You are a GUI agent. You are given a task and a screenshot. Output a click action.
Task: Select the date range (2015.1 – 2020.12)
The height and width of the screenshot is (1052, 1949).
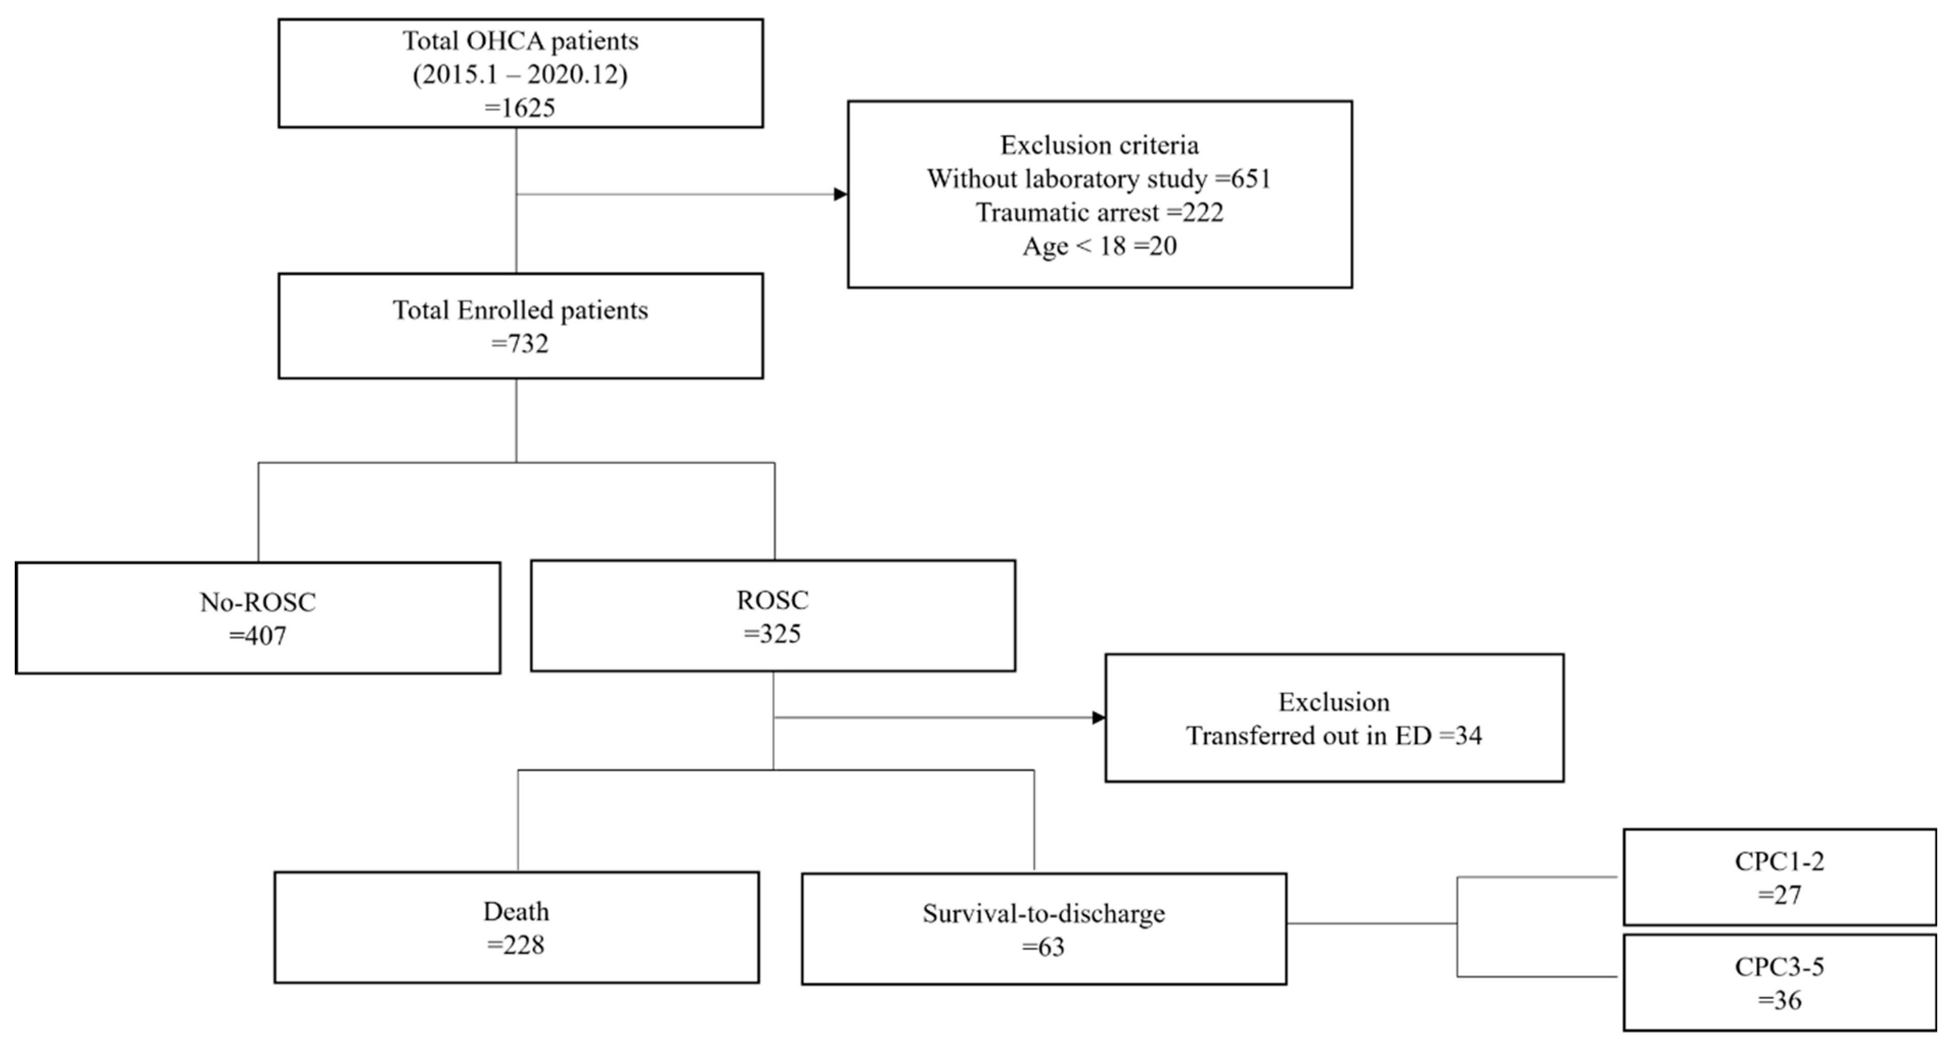(x=520, y=74)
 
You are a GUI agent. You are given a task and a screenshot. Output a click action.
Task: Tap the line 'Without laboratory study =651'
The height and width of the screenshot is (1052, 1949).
(x=1099, y=178)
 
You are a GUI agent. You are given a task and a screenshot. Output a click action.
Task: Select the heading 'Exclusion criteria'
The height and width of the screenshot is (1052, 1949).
(x=1099, y=145)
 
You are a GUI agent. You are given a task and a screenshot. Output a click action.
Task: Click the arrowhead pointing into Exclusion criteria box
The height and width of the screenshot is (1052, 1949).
(x=840, y=194)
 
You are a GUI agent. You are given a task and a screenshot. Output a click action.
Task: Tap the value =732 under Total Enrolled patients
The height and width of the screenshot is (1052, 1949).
(x=520, y=344)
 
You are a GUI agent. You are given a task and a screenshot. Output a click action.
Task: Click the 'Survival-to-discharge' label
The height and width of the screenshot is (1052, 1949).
(x=1044, y=913)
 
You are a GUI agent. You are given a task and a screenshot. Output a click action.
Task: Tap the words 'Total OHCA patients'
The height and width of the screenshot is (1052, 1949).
(x=520, y=41)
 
